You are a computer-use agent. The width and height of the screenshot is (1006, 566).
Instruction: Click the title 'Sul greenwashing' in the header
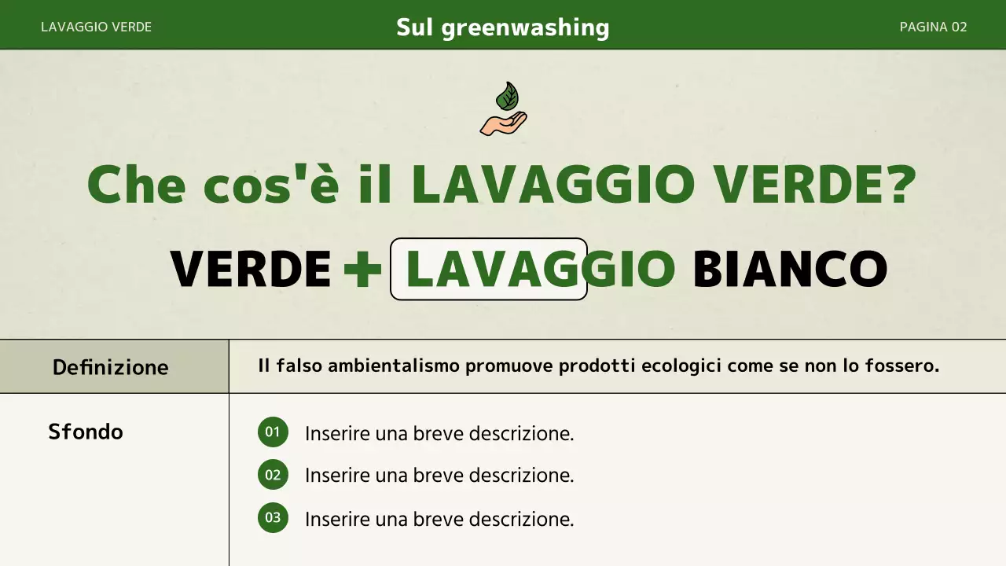click(x=503, y=28)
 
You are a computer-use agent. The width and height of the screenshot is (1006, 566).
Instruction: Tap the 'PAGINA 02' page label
click(x=933, y=27)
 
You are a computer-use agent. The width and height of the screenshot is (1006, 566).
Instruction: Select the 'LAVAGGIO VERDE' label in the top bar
click(x=96, y=27)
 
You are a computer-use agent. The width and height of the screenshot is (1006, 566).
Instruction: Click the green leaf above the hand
click(x=507, y=97)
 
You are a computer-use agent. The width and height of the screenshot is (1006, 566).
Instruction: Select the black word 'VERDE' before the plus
click(x=251, y=269)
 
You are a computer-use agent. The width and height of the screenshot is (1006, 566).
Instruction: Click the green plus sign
click(x=362, y=270)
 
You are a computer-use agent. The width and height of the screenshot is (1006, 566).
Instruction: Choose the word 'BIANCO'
click(x=789, y=269)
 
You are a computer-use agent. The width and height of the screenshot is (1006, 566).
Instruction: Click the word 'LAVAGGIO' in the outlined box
click(x=539, y=269)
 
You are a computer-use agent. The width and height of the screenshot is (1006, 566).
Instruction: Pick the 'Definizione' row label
click(x=110, y=367)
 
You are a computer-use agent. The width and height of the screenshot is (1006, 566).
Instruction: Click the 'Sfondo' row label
click(x=86, y=432)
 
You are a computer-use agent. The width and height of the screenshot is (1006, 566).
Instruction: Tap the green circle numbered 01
click(x=273, y=432)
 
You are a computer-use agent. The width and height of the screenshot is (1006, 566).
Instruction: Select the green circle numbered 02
click(x=273, y=475)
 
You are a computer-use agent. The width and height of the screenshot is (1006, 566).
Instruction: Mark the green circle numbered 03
click(x=273, y=518)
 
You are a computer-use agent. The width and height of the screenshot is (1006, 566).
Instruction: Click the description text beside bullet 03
click(x=439, y=519)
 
